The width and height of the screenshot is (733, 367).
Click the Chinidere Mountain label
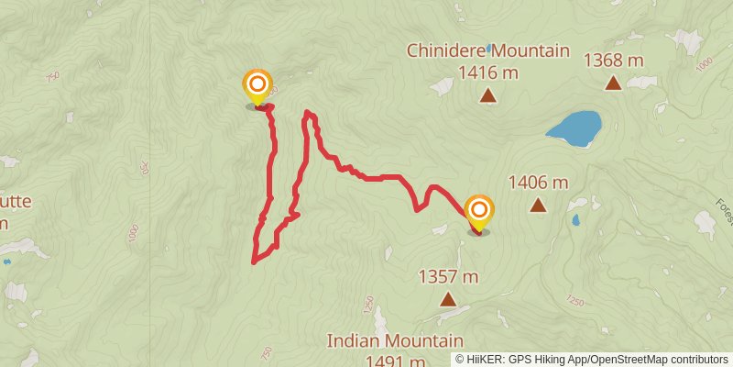488,51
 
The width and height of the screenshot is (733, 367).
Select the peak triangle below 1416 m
488,95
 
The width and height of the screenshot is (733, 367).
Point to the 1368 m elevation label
613,61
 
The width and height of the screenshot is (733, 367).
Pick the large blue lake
574,128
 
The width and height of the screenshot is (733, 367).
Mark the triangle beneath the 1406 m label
537,206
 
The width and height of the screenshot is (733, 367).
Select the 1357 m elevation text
448,275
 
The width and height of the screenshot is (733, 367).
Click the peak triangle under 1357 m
448,299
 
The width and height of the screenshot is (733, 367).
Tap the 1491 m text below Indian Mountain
394,361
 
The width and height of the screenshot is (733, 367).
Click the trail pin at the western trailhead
257,87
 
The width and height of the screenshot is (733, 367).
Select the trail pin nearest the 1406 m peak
478,213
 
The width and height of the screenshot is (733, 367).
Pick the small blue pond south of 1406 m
574,220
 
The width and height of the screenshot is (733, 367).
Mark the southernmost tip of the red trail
254,262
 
